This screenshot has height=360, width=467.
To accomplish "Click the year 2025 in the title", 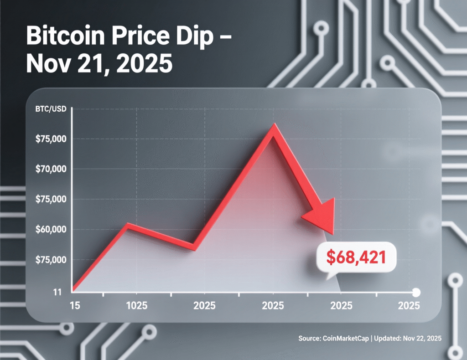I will pyautogui.click(x=145, y=64).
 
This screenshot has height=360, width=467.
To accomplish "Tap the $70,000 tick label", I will pyautogui.click(x=51, y=169).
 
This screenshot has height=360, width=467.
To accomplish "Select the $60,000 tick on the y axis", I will pyautogui.click(x=51, y=229).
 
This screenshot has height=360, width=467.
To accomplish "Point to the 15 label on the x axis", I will pyautogui.click(x=74, y=305).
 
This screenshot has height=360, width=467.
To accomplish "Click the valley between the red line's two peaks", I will pyautogui.click(x=194, y=247).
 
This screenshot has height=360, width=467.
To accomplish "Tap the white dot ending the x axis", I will pyautogui.click(x=416, y=292).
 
